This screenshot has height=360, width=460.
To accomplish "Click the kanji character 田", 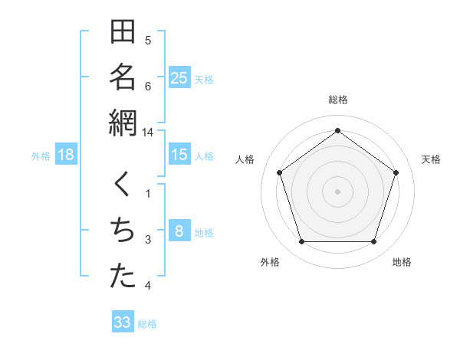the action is (x=123, y=33).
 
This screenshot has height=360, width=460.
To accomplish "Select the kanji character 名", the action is (x=123, y=77).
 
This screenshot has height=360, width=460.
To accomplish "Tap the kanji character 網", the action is (x=123, y=123).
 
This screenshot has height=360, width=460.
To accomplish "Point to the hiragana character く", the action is (x=123, y=186).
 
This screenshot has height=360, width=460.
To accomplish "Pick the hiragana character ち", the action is (x=123, y=231).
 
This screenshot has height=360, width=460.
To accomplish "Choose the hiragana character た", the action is (x=123, y=277).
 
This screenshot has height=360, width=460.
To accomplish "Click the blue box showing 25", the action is (x=179, y=78).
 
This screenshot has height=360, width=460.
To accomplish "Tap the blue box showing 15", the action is (x=179, y=155).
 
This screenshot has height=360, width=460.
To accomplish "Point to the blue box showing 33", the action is (x=123, y=322).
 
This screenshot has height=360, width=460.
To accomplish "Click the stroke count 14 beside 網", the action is (x=148, y=132).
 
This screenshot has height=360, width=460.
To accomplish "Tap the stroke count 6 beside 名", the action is (x=148, y=86).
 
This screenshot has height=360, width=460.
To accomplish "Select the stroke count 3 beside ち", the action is (x=148, y=240).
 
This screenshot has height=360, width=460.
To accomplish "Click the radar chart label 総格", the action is (x=338, y=100).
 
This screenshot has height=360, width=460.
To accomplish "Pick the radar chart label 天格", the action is (x=431, y=159).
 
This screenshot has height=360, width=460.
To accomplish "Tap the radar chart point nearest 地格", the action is (x=373, y=241).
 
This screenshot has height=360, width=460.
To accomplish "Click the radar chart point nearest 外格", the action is (x=301, y=241).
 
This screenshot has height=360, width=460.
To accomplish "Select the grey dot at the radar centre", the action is (x=337, y=191).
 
